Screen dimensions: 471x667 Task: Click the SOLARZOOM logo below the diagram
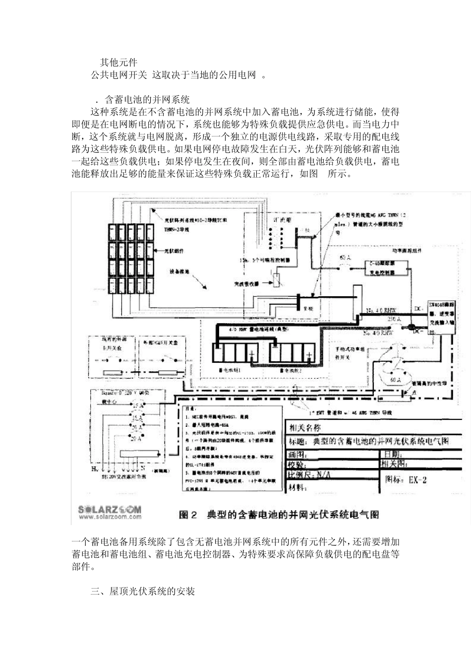click(109, 509)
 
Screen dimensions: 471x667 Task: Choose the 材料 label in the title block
click(297, 487)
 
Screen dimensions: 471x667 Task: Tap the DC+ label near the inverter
click(417, 308)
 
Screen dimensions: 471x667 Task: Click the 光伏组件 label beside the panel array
click(176, 252)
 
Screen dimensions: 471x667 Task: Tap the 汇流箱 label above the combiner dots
click(273, 219)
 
